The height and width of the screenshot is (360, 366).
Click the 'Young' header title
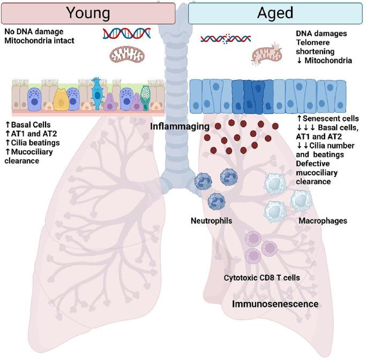(88, 12)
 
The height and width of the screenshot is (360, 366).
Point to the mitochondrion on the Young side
(127, 54)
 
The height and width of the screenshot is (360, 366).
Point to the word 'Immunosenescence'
(275, 304)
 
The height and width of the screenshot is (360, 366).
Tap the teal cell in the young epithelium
(98, 93)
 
